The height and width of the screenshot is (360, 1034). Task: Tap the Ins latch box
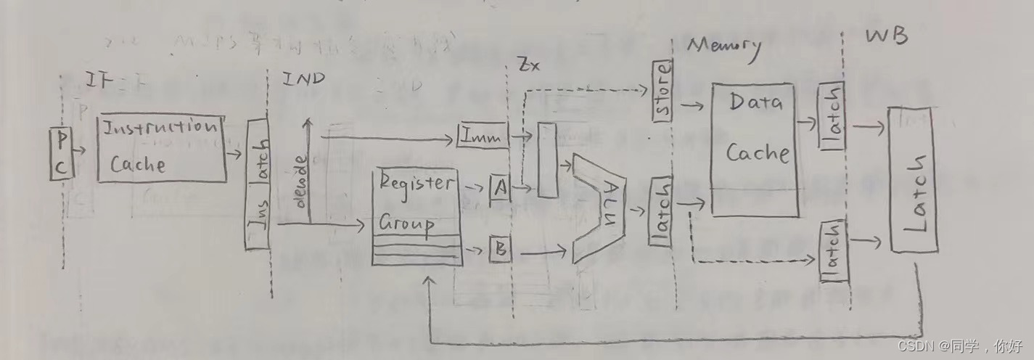point(258,185)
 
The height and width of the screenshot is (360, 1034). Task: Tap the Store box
point(662,92)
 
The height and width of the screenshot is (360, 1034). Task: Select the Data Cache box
point(756,149)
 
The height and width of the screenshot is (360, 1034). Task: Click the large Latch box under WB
point(912,179)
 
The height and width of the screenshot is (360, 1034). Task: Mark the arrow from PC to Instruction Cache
point(82,152)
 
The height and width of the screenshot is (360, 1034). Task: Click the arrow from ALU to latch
point(639,211)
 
